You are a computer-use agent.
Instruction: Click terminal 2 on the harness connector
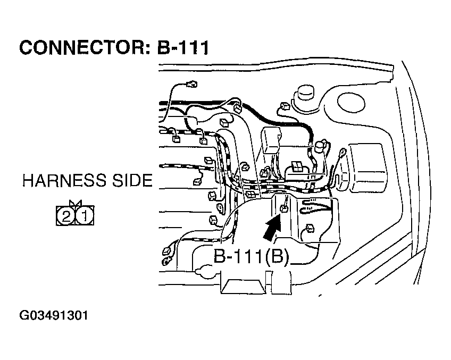tap(65, 216)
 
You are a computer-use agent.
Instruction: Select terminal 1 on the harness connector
tap(85, 216)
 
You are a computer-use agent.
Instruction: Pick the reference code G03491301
tap(53, 315)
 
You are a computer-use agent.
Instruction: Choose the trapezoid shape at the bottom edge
tap(243, 286)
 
